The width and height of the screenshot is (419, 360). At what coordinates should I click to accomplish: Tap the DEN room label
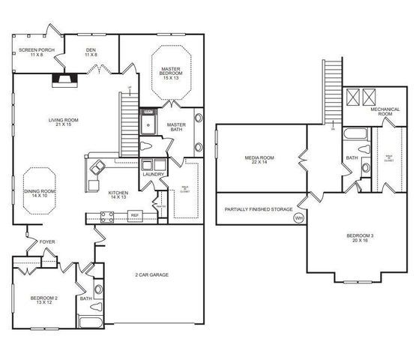point(91,52)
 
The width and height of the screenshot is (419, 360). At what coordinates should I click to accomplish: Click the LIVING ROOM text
point(64,122)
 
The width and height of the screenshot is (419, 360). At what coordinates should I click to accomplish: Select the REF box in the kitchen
point(135,215)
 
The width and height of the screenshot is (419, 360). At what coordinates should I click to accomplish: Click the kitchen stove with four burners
point(107,217)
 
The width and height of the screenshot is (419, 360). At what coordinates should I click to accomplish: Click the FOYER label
point(47,242)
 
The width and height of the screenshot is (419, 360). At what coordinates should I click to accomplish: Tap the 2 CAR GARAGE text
point(152,275)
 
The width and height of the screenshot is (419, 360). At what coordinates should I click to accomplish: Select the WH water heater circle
point(298,218)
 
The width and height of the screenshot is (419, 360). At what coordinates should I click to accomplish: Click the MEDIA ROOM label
point(259,160)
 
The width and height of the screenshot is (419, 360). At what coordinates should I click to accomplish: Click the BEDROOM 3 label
point(358,239)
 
